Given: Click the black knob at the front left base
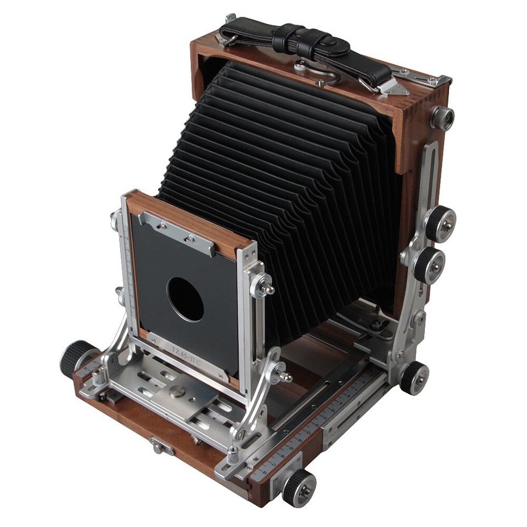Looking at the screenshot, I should (76, 357).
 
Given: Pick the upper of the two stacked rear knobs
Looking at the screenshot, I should (441, 224).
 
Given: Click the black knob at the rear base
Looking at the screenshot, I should (414, 378).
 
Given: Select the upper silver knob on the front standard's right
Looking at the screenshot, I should (262, 285).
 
